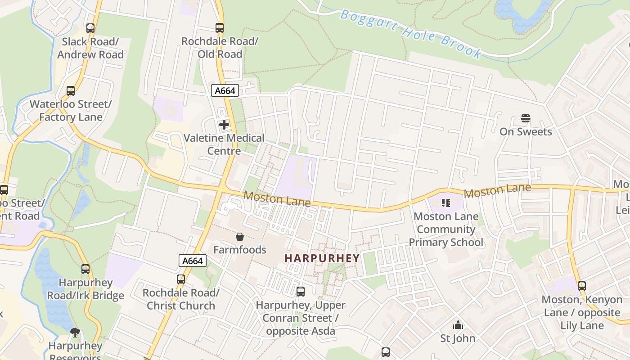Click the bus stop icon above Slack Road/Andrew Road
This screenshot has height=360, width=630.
click(x=90, y=28)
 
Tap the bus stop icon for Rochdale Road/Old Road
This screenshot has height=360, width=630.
click(x=220, y=28)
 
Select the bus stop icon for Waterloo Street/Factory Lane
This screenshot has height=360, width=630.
click(x=71, y=90)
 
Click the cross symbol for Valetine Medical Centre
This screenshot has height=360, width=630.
click(x=224, y=124)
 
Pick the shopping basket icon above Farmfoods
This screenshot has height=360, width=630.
click(x=240, y=236)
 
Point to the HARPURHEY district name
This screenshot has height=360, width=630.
click(x=322, y=258)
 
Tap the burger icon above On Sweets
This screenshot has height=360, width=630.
click(x=526, y=118)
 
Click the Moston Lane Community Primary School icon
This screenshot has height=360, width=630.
click(x=446, y=203)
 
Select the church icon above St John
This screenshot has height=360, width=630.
click(x=458, y=325)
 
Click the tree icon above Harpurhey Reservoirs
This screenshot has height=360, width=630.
click(x=75, y=333)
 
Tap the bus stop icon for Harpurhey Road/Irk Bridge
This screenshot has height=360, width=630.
click(x=85, y=269)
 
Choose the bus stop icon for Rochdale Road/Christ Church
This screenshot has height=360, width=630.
click(x=181, y=279)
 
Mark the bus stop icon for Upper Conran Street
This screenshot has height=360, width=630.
click(x=301, y=291)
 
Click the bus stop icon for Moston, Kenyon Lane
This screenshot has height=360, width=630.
click(x=582, y=286)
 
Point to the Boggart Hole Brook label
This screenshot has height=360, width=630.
click(x=410, y=34)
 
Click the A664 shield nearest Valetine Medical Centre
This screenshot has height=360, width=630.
click(x=225, y=90)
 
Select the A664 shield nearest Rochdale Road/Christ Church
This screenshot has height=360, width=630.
click(x=193, y=261)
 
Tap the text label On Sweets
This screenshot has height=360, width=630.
click(x=526, y=131)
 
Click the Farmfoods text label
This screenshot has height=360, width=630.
click(x=240, y=249)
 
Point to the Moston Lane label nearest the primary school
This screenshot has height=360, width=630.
click(x=497, y=191)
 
